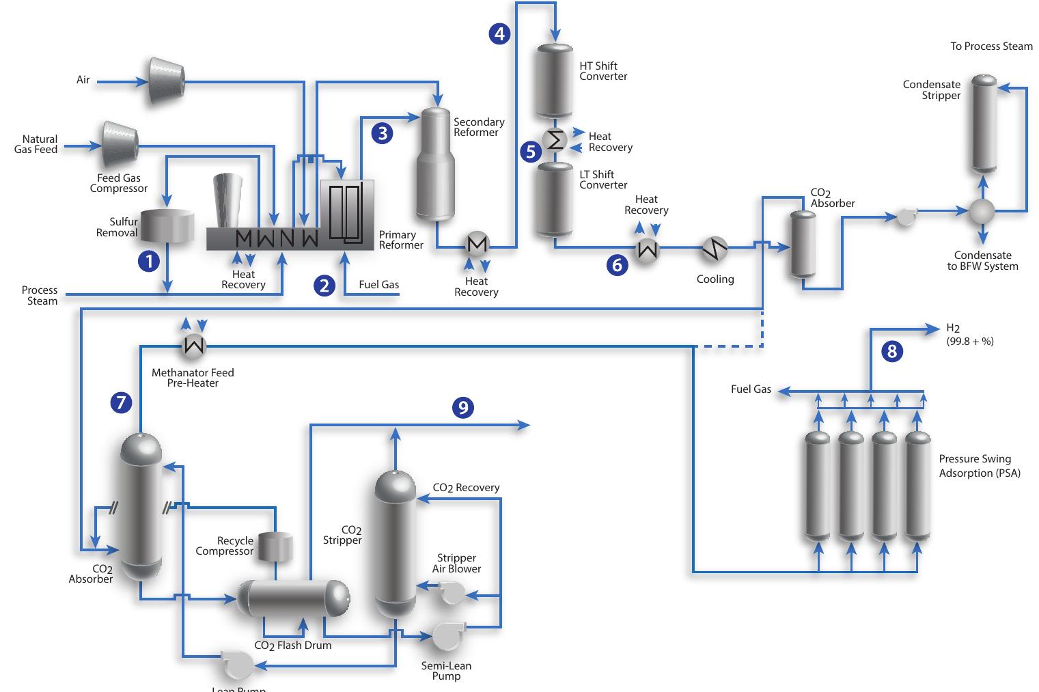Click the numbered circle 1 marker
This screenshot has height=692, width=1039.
pyautogui.click(x=149, y=260)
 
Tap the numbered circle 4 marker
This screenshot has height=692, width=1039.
pyautogui.click(x=499, y=33)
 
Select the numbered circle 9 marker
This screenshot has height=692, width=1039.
pyautogui.click(x=463, y=408)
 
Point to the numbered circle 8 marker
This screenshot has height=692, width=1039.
pyautogui.click(x=891, y=351)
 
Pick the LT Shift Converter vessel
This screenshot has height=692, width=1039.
pyautogui.click(x=554, y=199)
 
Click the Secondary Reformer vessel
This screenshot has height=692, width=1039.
pyautogui.click(x=436, y=164)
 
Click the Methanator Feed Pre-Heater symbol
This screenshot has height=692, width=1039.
pyautogui.click(x=194, y=347)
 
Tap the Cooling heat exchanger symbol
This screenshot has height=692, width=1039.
pyautogui.click(x=715, y=250)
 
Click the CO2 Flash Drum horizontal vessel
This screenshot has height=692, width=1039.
pyautogui.click(x=293, y=600)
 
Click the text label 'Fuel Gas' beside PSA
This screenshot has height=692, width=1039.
pyautogui.click(x=751, y=389)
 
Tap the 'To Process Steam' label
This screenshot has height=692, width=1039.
pyautogui.click(x=991, y=46)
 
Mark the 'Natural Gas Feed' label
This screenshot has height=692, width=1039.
pyautogui.click(x=37, y=144)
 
